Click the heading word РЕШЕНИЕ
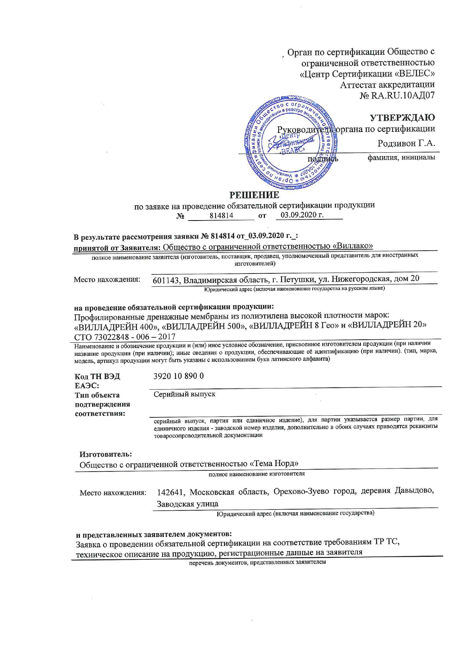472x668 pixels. (x=254, y=195)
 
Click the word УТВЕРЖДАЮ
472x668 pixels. (x=402, y=117)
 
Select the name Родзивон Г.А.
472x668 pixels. (x=406, y=144)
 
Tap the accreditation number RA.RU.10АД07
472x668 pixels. (x=402, y=96)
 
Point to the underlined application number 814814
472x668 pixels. (x=221, y=216)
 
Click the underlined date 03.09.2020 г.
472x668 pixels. (x=302, y=215)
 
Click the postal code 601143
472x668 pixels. (x=166, y=280)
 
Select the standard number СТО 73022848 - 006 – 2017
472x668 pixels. (x=124, y=337)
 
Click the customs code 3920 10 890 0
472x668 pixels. (x=178, y=376)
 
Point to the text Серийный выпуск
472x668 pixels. (x=184, y=394)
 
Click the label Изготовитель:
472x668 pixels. (x=105, y=454)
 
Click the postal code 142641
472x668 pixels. (x=171, y=492)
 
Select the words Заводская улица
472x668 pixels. (x=188, y=504)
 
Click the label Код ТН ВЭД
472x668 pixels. (x=97, y=377)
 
